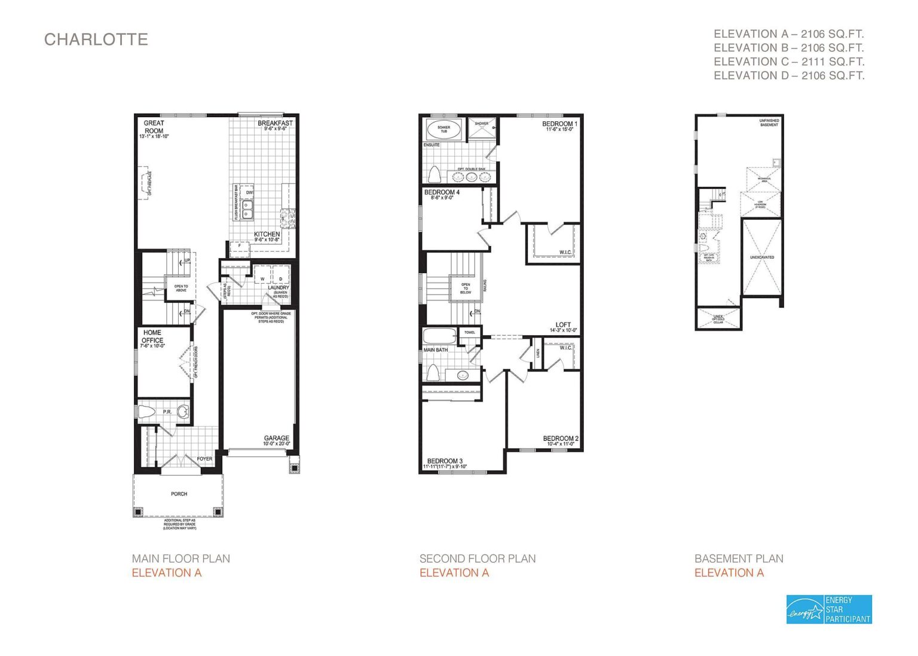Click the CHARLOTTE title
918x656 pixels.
tap(96, 39)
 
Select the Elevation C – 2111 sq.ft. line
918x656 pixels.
tap(789, 62)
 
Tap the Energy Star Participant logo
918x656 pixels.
tap(829, 609)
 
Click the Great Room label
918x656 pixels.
tap(154, 127)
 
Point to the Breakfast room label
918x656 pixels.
tap(275, 124)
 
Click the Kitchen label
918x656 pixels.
tap(267, 234)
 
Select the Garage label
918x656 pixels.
tap(277, 439)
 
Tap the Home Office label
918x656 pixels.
tap(152, 336)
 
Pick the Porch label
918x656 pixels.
tap(179, 494)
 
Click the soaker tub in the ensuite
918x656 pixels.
tap(443, 128)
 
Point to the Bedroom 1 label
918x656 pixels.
tap(559, 124)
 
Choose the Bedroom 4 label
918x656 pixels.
tap(442, 193)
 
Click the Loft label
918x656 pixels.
tap(563, 325)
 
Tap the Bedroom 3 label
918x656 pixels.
tap(445, 461)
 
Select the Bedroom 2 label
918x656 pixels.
tap(561, 439)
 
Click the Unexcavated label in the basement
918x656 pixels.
tap(762, 258)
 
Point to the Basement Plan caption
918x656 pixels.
tap(739, 559)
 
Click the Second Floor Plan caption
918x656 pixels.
tap(478, 559)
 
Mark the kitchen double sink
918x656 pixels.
tap(247, 208)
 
